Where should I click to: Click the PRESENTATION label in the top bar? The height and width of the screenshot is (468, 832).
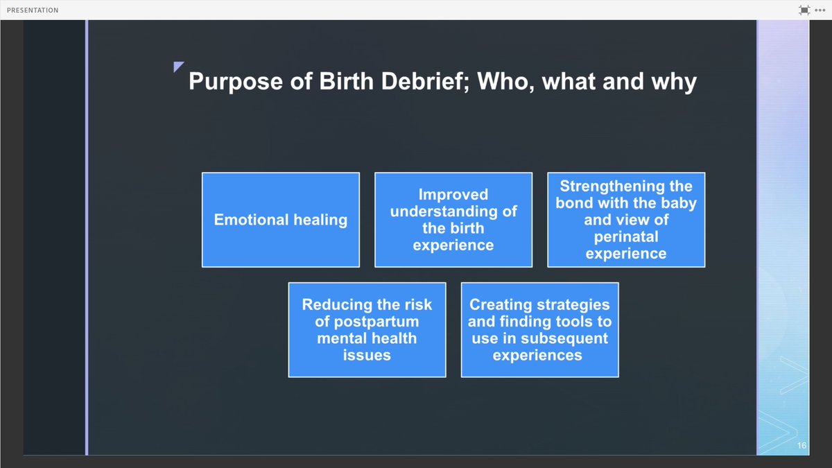click(x=33, y=10)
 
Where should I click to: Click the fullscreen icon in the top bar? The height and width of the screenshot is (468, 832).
click(x=804, y=10)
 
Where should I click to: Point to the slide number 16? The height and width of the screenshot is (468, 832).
click(x=801, y=445)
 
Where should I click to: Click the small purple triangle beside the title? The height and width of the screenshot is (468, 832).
click(x=178, y=67)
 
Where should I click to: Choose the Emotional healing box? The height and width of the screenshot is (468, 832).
click(x=280, y=220)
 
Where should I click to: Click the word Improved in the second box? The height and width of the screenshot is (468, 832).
click(x=453, y=195)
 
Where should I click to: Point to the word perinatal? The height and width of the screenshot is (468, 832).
click(x=625, y=237)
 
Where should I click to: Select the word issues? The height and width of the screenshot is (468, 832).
click(x=367, y=355)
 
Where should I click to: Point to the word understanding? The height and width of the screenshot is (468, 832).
click(x=444, y=211)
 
